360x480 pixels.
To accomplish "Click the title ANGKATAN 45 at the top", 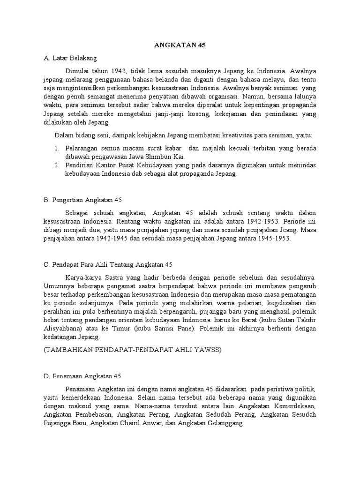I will click(180, 45).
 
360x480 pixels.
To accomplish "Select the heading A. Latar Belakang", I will click(70, 59).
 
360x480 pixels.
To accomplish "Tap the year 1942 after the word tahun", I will click(119, 71).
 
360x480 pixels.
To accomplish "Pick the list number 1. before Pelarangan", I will click(57, 148).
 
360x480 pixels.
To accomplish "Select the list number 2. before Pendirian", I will click(57, 165).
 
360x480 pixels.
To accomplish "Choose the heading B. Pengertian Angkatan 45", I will click(82, 200).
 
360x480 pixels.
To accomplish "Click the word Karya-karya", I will click(83, 277).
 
